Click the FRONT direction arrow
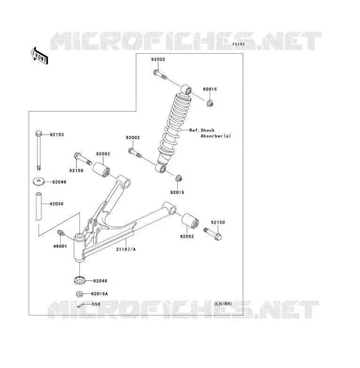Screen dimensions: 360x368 click(x=39, y=56)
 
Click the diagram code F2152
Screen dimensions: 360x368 click(x=239, y=44)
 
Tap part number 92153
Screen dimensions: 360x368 click(x=57, y=135)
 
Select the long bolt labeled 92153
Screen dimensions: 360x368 click(x=39, y=150)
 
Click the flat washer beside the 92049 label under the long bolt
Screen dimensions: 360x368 click(x=39, y=182)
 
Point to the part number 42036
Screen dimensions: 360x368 click(x=56, y=204)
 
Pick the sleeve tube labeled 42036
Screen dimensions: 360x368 click(x=39, y=206)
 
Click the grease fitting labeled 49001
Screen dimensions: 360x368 click(x=61, y=233)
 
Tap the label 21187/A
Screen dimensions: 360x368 click(x=126, y=249)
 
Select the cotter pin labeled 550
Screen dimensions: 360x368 click(x=81, y=306)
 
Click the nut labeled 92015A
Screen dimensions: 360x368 click(x=80, y=294)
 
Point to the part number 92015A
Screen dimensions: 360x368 click(x=100, y=294)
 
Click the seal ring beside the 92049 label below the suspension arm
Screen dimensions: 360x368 click(x=80, y=280)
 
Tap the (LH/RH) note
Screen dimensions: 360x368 click(x=223, y=304)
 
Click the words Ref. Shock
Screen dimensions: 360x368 click(x=202, y=130)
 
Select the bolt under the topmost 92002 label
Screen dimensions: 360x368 click(x=160, y=74)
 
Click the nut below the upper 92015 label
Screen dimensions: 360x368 click(x=210, y=103)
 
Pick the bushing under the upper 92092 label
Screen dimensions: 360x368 click(x=101, y=170)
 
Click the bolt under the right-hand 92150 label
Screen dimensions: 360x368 click(x=213, y=234)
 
